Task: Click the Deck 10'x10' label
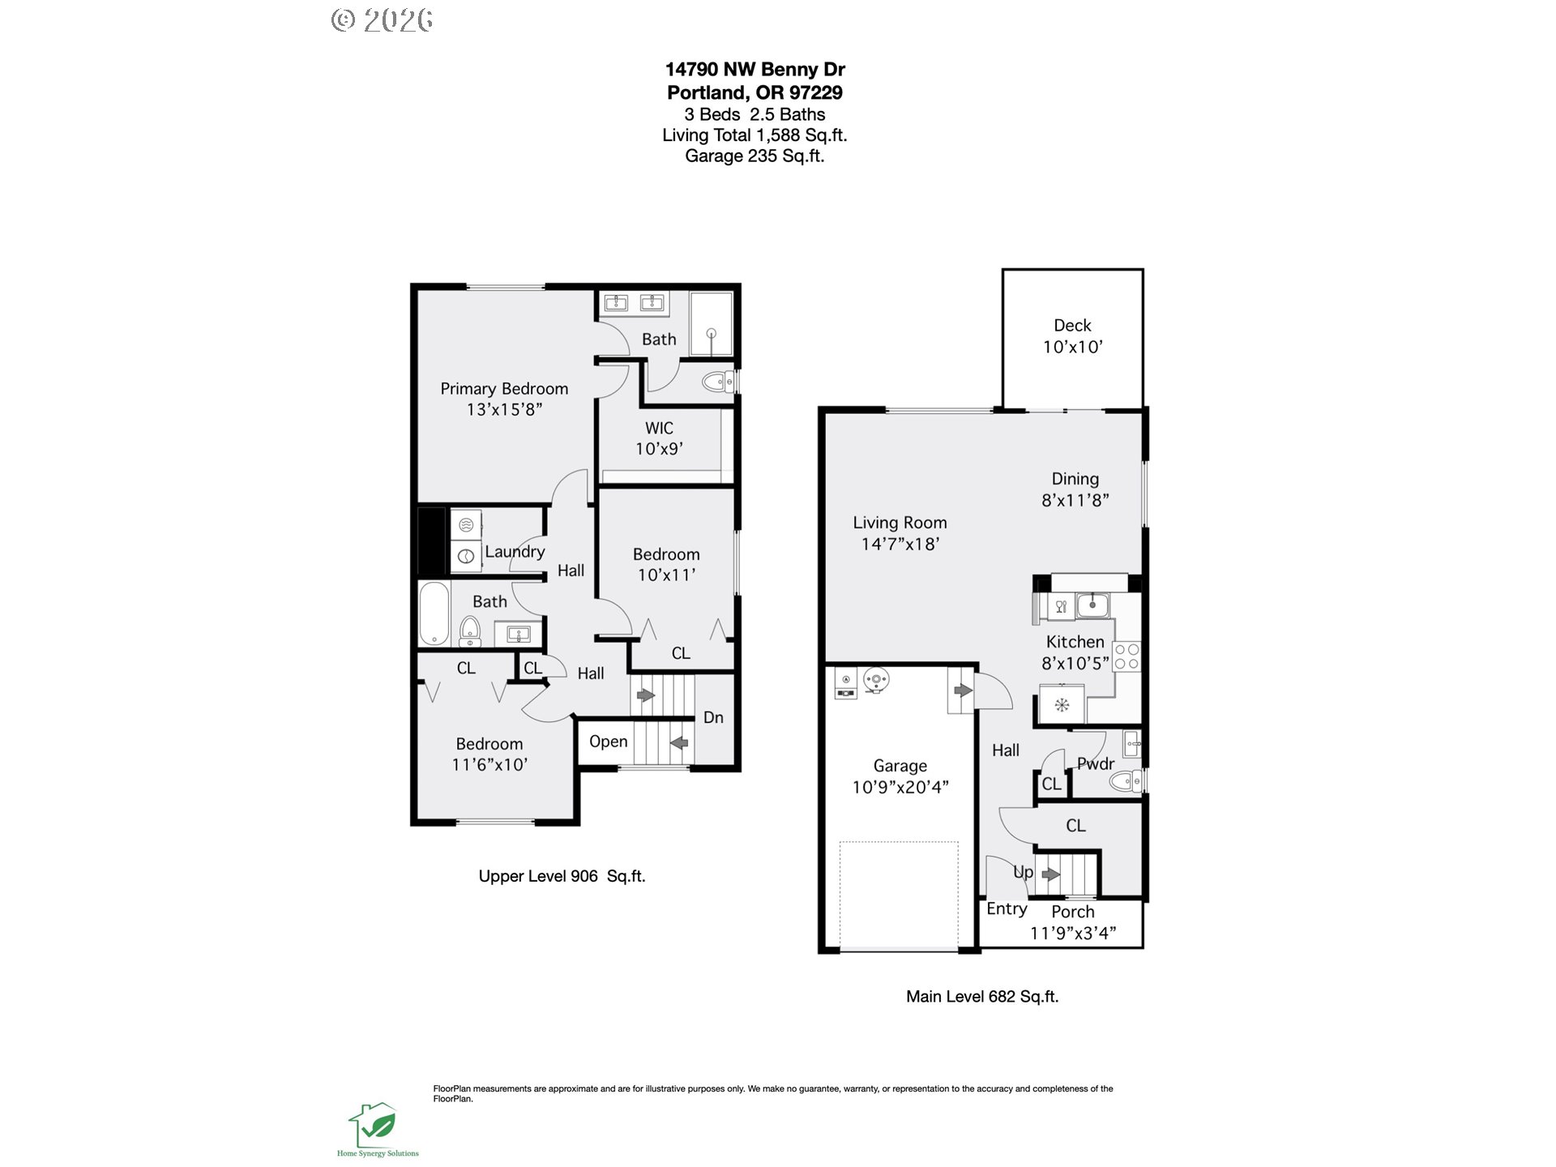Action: (1072, 336)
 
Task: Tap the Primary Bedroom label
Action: (504, 389)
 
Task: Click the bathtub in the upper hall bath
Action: (434, 613)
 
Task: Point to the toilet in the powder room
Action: (1124, 781)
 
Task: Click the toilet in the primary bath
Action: (716, 382)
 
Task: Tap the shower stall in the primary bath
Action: (711, 323)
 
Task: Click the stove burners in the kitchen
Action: (1126, 656)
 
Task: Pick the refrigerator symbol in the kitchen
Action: (1062, 704)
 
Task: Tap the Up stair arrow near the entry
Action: (1051, 874)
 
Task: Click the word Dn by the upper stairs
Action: (713, 718)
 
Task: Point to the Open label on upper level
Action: (608, 742)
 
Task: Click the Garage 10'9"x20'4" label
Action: (900, 776)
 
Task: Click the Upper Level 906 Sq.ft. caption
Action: (562, 876)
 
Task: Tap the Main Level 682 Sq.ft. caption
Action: (982, 997)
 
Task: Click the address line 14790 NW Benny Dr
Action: (755, 70)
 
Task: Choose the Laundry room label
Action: (515, 552)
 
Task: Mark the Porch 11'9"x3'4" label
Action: (1073, 922)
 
